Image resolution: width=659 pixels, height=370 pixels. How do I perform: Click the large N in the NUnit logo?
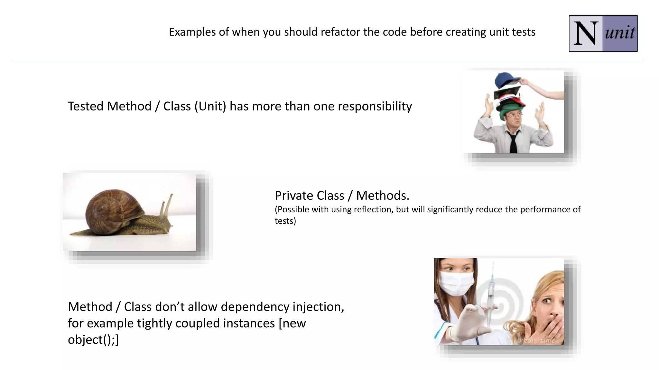(586, 33)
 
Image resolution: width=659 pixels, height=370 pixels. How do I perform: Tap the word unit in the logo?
(620, 33)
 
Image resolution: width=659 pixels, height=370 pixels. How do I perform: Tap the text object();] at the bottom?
(93, 339)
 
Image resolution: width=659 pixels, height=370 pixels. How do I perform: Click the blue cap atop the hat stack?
(507, 80)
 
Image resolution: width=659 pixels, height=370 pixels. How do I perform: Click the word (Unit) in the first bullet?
(210, 106)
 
